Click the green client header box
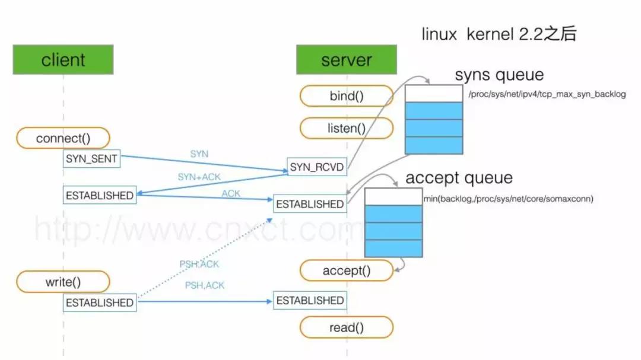click(x=63, y=60)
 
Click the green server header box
click(x=346, y=60)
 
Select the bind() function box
click(x=346, y=95)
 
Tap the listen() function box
click(x=346, y=128)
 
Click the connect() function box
click(x=63, y=139)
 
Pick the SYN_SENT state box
click(x=92, y=158)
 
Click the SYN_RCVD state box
click(x=316, y=168)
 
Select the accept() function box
click(x=346, y=271)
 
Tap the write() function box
click(x=63, y=282)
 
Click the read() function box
click(x=346, y=327)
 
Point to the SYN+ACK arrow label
click(x=195, y=177)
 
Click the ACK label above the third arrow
click(x=231, y=194)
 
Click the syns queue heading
click(x=499, y=75)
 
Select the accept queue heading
click(x=459, y=178)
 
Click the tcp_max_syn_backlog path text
click(x=547, y=94)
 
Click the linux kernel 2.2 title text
click(x=499, y=34)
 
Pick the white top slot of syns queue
click(x=433, y=93)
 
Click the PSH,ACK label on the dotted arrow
click(x=199, y=265)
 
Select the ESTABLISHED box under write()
click(x=100, y=302)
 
